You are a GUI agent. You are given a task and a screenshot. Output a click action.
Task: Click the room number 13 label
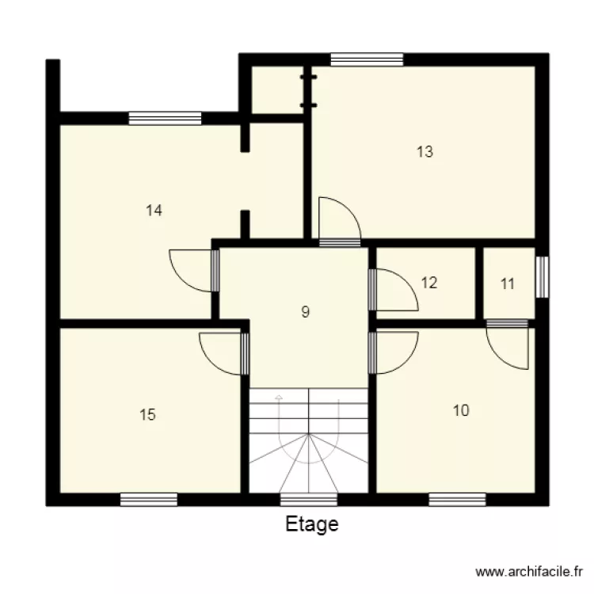tap(425, 152)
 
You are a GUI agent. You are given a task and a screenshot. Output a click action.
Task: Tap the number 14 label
tap(154, 211)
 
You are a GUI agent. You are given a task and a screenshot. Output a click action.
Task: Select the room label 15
tap(147, 414)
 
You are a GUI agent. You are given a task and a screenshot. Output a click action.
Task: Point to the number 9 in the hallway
tap(306, 312)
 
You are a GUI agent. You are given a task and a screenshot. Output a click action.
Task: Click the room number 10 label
tap(461, 410)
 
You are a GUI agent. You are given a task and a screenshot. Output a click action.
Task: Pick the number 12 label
tap(429, 283)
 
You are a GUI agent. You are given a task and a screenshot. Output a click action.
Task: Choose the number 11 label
tap(508, 284)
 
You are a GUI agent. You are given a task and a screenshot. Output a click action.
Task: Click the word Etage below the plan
tap(311, 524)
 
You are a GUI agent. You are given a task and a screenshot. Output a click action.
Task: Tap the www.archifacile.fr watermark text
tap(530, 571)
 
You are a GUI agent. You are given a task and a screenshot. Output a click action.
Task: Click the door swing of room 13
tap(336, 217)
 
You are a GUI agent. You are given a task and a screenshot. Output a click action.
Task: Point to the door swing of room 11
tap(508, 346)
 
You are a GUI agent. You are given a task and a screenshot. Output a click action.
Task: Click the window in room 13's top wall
tap(367, 59)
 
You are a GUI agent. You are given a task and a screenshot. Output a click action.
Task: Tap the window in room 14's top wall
tap(165, 118)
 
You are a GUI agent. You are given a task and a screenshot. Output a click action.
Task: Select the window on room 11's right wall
tap(542, 276)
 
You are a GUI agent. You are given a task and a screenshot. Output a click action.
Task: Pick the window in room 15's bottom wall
tap(148, 499)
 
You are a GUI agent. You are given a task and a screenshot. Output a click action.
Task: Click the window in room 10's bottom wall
tap(457, 499)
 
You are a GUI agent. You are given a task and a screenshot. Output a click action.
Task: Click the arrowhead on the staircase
tap(278, 396)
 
